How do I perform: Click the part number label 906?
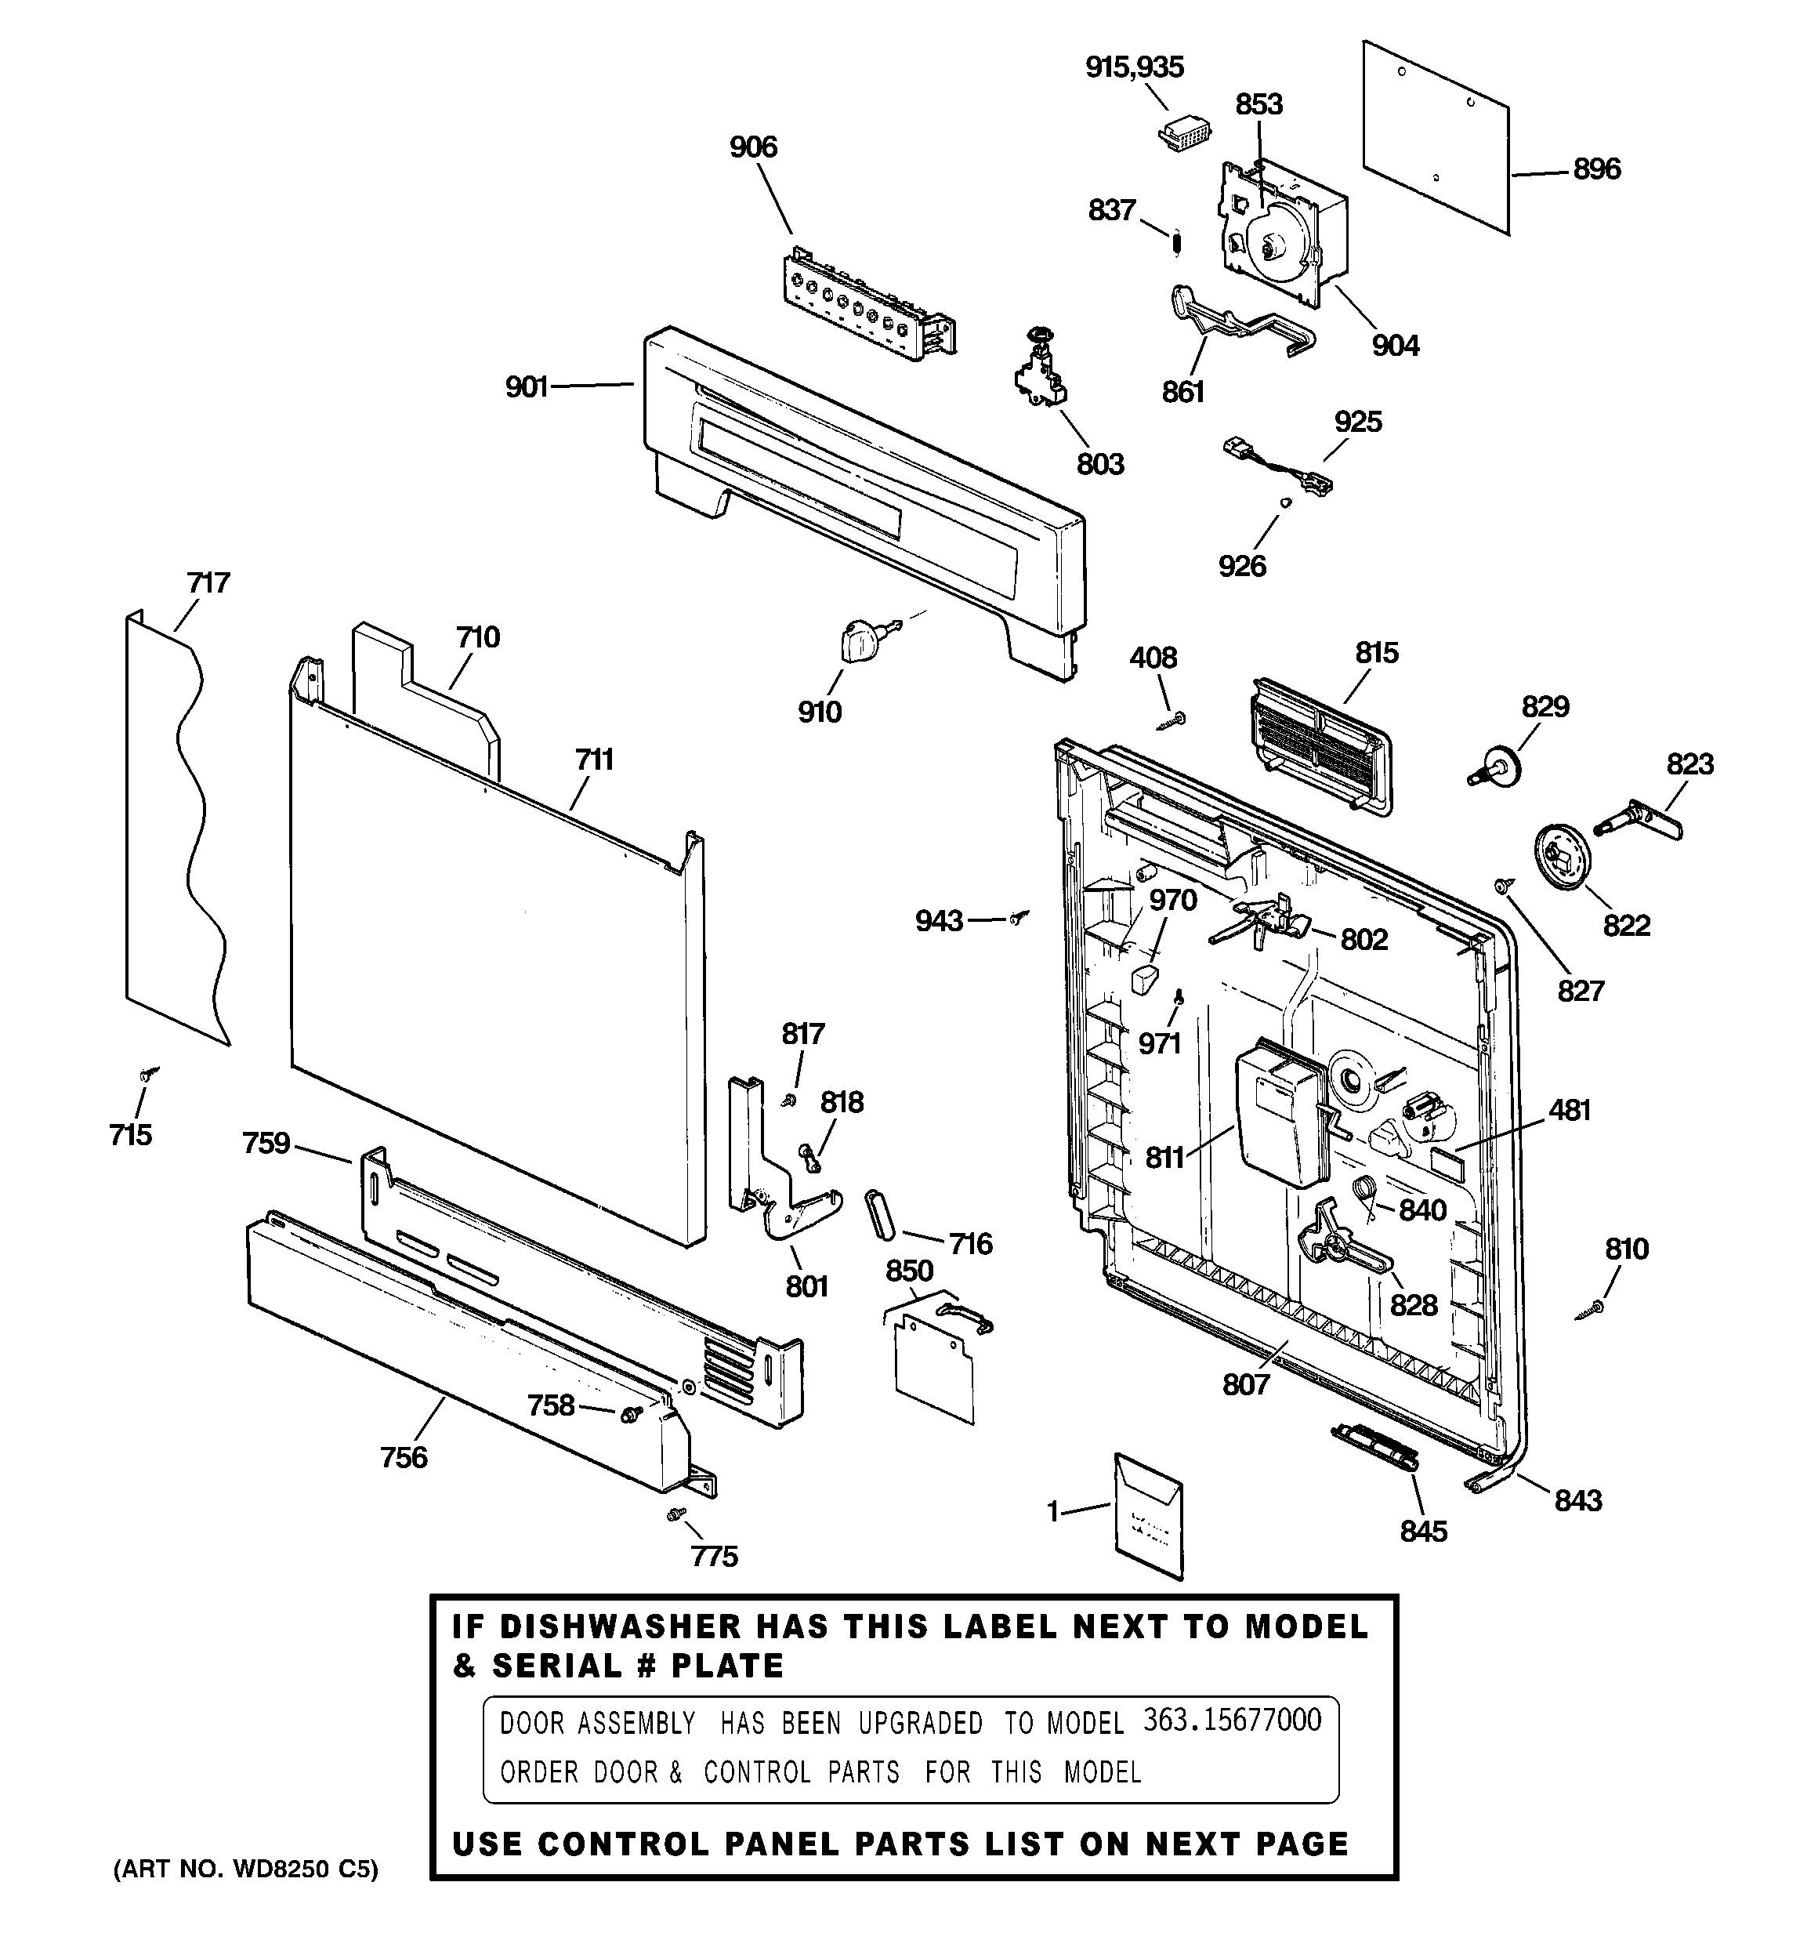click(752, 147)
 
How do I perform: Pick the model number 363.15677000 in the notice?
click(1232, 1720)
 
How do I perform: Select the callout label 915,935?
click(1134, 67)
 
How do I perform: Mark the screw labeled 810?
click(1595, 1307)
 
